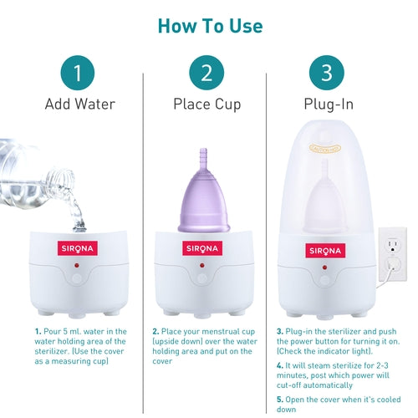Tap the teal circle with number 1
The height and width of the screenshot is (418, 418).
click(78, 72)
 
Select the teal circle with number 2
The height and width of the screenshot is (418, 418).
click(206, 72)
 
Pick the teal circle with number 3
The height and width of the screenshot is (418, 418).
click(327, 72)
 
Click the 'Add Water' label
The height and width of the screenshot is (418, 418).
click(79, 104)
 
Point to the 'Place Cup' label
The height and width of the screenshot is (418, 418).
click(206, 104)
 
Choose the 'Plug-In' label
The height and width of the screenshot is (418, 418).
click(327, 104)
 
